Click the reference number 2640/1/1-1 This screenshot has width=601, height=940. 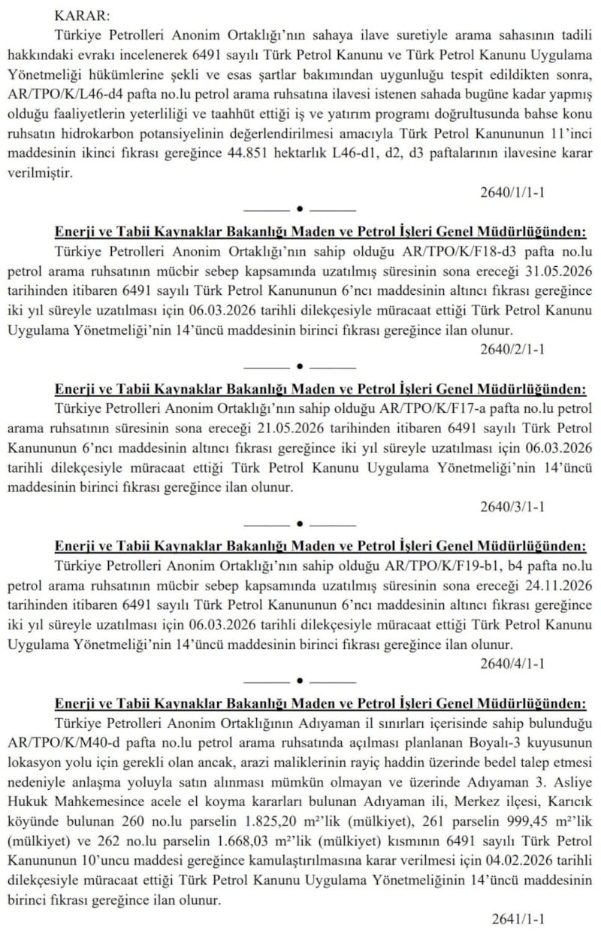(512, 192)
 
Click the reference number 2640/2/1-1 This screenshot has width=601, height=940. (512, 349)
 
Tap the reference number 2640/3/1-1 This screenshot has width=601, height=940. (512, 506)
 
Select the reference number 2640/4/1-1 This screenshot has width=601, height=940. (512, 663)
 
